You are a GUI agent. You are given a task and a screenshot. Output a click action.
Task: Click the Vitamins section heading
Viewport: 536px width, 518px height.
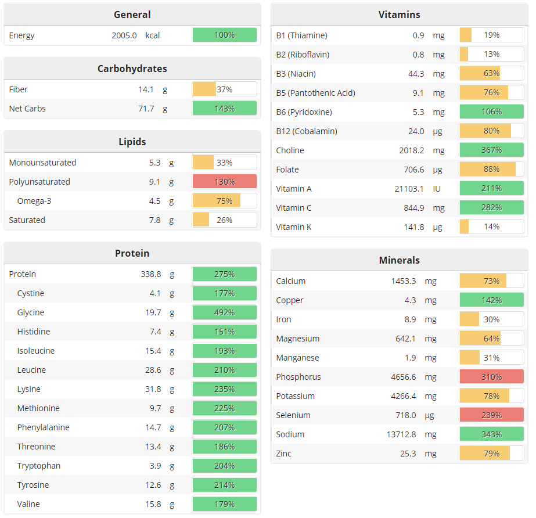(x=399, y=15)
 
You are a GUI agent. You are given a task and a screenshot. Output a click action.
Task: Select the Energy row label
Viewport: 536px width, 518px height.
(x=22, y=35)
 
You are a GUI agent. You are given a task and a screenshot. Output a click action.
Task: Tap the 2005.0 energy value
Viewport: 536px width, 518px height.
(x=124, y=35)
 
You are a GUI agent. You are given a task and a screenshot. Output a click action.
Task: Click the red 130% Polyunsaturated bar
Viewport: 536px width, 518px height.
(x=224, y=182)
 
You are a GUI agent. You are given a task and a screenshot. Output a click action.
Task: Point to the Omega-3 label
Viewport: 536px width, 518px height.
(x=34, y=201)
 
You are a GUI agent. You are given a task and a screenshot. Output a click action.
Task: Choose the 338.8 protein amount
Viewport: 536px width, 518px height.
(x=150, y=274)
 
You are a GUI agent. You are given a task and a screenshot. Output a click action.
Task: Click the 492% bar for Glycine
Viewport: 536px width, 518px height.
(x=224, y=312)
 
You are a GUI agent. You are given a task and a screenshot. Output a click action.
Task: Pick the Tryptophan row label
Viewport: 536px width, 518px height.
(x=39, y=466)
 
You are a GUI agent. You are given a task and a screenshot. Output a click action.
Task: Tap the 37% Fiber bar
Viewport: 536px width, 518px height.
(x=224, y=89)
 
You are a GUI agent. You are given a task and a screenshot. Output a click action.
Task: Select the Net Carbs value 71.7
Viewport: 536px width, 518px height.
(x=146, y=109)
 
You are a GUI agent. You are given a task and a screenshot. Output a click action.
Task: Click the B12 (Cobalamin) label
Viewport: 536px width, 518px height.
(x=306, y=131)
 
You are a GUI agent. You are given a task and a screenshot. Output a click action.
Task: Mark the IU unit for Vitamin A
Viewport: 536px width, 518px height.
(x=438, y=189)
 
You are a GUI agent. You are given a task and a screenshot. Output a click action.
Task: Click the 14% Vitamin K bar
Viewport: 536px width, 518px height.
(x=491, y=227)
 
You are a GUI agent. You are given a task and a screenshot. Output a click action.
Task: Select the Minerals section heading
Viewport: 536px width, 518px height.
(x=399, y=260)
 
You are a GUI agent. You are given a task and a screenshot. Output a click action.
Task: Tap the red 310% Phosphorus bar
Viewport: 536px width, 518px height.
(x=491, y=377)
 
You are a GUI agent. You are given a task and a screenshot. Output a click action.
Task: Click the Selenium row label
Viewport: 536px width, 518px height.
(x=293, y=415)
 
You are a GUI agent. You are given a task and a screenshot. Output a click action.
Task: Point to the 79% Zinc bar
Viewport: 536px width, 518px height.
(x=491, y=454)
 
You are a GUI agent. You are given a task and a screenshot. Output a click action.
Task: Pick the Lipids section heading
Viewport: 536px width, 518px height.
(x=132, y=142)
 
